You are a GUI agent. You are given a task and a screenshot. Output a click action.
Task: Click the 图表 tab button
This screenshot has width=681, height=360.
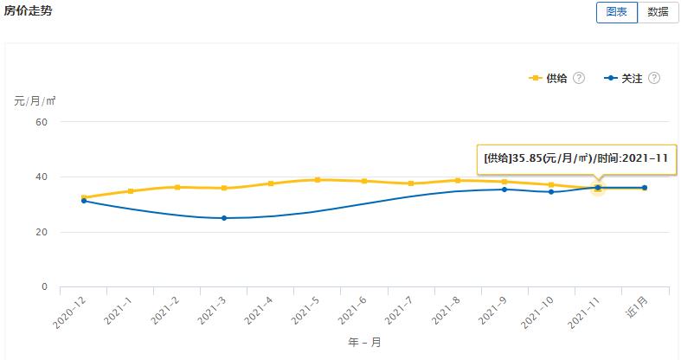pyautogui.click(x=616, y=12)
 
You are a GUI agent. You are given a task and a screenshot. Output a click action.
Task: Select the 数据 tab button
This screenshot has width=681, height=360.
pyautogui.click(x=658, y=12)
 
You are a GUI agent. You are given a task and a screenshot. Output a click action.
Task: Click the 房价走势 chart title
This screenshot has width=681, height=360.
pyautogui.click(x=29, y=10)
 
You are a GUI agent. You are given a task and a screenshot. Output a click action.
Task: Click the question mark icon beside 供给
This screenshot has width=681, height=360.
pyautogui.click(x=579, y=78)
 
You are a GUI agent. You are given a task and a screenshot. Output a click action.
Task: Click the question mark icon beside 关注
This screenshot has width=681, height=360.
pyautogui.click(x=654, y=78)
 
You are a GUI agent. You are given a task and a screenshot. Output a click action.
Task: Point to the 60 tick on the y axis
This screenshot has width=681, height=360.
pyautogui.click(x=41, y=122)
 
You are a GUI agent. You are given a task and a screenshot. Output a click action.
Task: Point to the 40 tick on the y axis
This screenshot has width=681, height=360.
pyautogui.click(x=41, y=177)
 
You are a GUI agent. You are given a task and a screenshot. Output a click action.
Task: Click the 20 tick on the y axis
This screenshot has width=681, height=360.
pyautogui.click(x=41, y=232)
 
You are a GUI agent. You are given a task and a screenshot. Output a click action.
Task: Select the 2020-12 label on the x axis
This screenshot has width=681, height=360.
pyautogui.click(x=70, y=312)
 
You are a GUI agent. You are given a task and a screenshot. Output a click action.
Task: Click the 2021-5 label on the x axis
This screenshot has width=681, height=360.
pyautogui.click(x=306, y=311)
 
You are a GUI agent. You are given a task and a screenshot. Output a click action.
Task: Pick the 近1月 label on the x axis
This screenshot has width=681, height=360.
pyautogui.click(x=634, y=308)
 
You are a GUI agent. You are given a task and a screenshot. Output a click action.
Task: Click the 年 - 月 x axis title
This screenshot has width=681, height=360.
pyautogui.click(x=363, y=343)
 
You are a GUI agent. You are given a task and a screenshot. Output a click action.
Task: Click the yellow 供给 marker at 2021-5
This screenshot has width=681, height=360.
pyautogui.click(x=318, y=180)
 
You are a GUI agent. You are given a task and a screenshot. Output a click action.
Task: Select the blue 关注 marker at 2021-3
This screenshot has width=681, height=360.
pyautogui.click(x=224, y=218)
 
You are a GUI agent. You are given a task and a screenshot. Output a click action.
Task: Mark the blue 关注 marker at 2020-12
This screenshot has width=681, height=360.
pyautogui.click(x=84, y=201)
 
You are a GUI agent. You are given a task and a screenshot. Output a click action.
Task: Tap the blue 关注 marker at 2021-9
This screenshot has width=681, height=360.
pyautogui.click(x=504, y=190)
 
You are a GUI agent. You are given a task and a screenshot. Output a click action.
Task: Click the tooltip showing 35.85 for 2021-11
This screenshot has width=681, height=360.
pyautogui.click(x=575, y=157)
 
